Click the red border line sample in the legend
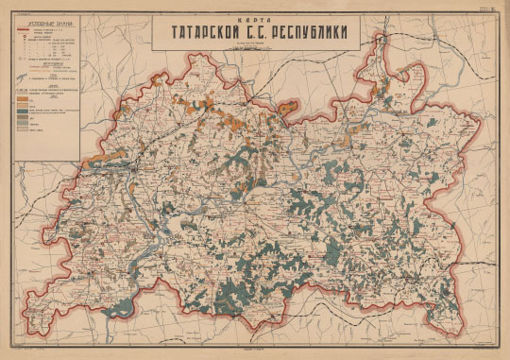[x=24, y=31]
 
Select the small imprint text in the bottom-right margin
[x=472, y=351]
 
